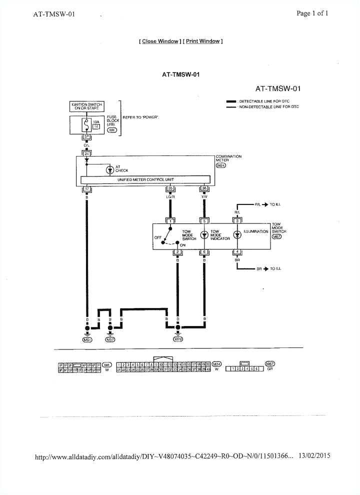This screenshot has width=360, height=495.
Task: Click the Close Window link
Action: (x=160, y=41)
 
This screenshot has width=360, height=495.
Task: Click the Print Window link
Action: (x=203, y=41)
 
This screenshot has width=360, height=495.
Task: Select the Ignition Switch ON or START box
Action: (x=86, y=106)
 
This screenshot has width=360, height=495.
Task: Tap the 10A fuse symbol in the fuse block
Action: (x=86, y=125)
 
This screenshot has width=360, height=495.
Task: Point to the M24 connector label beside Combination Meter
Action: (x=221, y=165)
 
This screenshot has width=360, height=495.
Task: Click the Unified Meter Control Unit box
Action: (x=145, y=179)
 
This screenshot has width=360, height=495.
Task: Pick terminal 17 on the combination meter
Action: (x=87, y=188)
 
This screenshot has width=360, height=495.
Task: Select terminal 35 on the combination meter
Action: (x=171, y=188)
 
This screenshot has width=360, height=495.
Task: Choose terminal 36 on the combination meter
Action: (x=204, y=188)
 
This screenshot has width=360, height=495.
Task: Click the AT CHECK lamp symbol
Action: (x=110, y=170)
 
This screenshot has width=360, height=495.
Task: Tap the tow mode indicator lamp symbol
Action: (x=204, y=234)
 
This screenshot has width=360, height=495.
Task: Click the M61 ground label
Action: (x=87, y=340)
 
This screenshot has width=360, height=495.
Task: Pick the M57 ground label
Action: (x=110, y=340)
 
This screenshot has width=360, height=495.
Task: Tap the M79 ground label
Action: (x=178, y=340)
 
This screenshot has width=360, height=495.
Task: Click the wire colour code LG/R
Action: (x=171, y=197)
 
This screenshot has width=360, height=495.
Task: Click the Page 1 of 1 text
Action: (x=312, y=13)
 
